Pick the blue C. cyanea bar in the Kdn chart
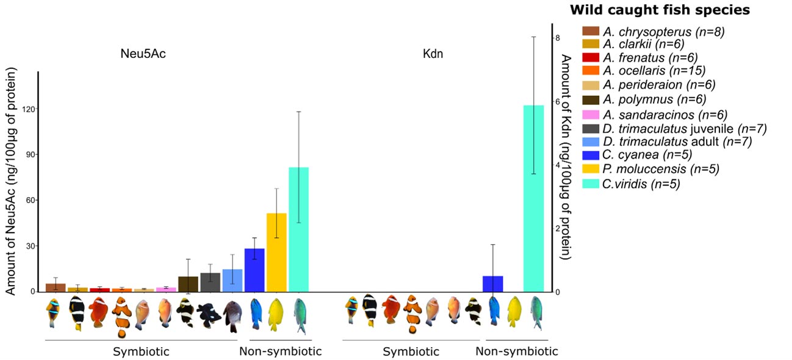click(x=492, y=284)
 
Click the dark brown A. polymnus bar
click(x=188, y=284)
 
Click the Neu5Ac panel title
click(x=143, y=54)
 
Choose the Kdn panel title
click(x=433, y=54)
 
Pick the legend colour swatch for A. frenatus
click(x=591, y=58)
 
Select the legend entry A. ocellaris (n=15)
click(x=653, y=71)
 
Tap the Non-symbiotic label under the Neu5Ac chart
click(x=280, y=351)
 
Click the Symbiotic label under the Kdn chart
click(x=411, y=351)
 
